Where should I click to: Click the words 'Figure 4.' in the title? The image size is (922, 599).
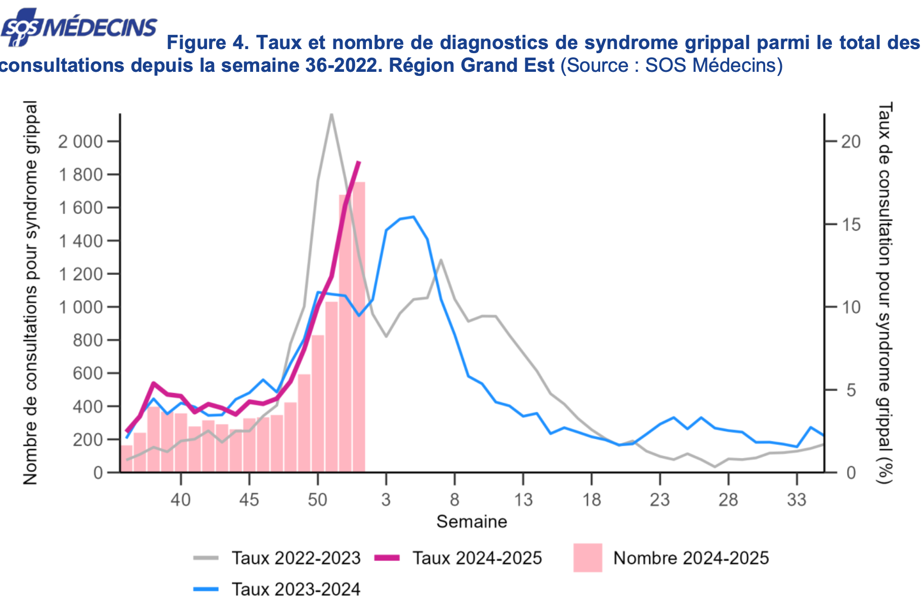point(208,43)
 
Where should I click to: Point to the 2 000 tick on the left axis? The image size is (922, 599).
point(80,142)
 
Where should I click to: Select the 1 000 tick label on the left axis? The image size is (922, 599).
point(80,307)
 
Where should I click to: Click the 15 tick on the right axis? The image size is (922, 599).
point(851,225)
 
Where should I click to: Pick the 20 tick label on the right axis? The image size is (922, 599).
point(851,142)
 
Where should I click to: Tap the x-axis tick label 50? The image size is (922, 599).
point(317,500)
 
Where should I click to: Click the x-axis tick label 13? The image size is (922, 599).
point(523,500)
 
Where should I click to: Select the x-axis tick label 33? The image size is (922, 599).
point(797,500)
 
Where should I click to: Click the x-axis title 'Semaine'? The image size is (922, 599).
point(472,522)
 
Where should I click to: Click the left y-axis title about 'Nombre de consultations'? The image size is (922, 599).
point(30,292)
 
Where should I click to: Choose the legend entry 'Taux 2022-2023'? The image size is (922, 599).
point(296,558)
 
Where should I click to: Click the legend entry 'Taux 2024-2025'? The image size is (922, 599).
point(477,558)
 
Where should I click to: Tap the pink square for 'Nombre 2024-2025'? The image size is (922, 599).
point(588,558)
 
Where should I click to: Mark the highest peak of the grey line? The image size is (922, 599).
point(331,114)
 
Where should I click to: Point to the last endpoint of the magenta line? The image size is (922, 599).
point(359,162)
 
